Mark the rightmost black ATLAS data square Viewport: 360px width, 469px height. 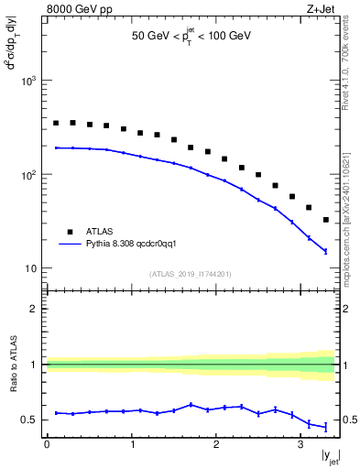coord(327,220)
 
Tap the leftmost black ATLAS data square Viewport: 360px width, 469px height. coord(56,123)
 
